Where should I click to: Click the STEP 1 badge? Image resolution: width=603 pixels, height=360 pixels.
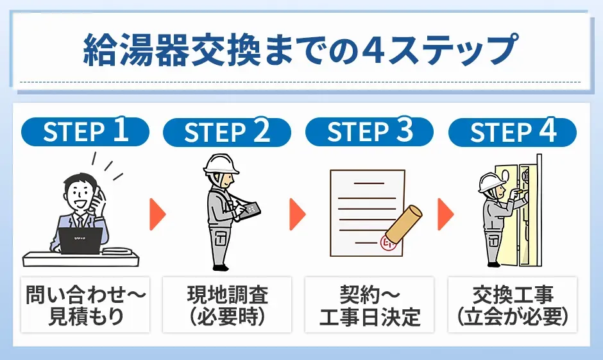[x=85, y=132]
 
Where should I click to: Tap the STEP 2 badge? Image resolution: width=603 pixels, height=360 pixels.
[x=227, y=132]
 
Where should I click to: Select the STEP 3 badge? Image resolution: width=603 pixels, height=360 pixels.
[x=369, y=132]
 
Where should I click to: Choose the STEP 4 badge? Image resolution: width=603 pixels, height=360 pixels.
[x=512, y=132]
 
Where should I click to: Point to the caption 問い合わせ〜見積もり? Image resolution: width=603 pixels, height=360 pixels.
[x=86, y=305]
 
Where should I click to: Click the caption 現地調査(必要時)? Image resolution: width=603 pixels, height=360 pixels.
[x=228, y=305]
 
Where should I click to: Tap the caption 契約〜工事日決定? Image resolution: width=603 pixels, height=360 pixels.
[x=370, y=305]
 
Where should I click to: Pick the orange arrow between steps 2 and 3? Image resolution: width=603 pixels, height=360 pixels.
[x=298, y=214]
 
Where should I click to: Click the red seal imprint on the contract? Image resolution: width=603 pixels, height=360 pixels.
[x=389, y=243]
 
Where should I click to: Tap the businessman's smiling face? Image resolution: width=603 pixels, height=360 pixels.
[x=80, y=192]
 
